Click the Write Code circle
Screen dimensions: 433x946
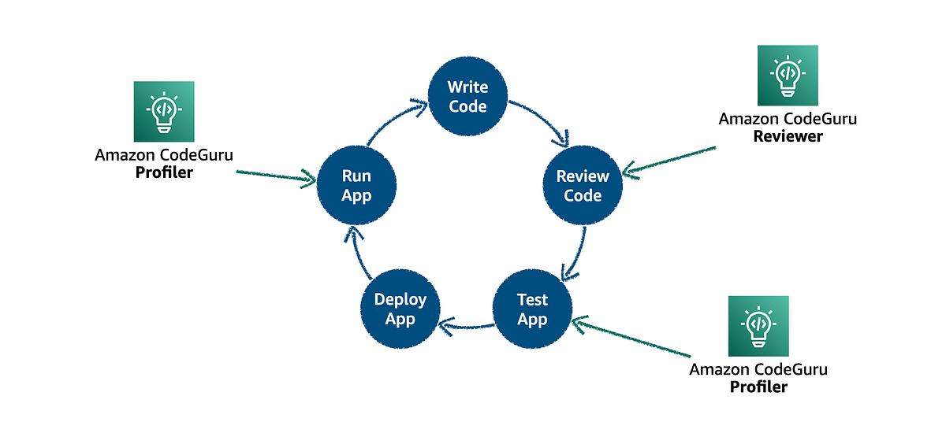[467, 95]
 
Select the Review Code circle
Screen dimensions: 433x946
[583, 186]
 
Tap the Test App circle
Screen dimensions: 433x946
[532, 309]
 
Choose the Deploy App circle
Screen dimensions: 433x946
[400, 309]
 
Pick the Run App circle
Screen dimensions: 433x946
[356, 186]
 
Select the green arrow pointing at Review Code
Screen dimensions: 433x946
[670, 157]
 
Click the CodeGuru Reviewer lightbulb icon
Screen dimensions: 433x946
[788, 76]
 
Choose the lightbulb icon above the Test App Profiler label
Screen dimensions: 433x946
[758, 326]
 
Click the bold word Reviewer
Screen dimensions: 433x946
[788, 136]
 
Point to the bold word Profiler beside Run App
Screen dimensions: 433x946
[164, 172]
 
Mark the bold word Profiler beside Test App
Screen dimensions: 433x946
[758, 387]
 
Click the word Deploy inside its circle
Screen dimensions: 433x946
[400, 299]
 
